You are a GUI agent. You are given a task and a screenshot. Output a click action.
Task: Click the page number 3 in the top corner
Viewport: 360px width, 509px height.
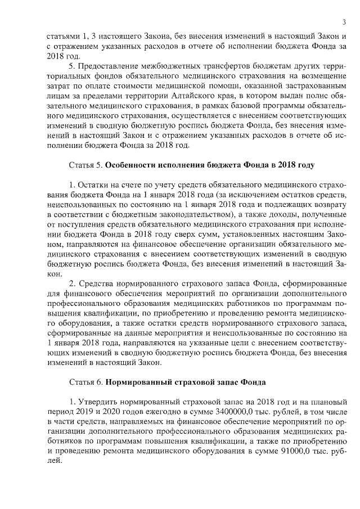pos(343,22)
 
